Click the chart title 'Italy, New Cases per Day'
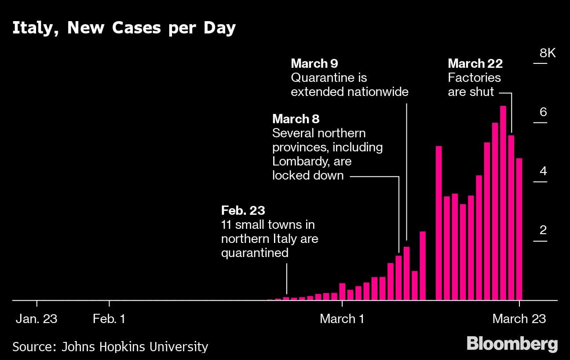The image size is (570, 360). pyautogui.click(x=124, y=28)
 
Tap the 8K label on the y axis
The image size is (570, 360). pyautogui.click(x=548, y=53)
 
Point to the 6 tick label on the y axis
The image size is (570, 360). pyautogui.click(x=544, y=112)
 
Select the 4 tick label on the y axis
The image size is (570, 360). pyautogui.click(x=544, y=171)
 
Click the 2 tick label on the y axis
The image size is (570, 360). pyautogui.click(x=544, y=230)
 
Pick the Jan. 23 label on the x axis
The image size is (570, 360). pyautogui.click(x=37, y=319)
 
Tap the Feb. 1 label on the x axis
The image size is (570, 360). pyautogui.click(x=109, y=319)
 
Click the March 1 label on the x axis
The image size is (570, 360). pyautogui.click(x=342, y=319)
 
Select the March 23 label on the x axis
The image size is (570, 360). pyautogui.click(x=519, y=319)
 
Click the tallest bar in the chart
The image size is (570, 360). pyautogui.click(x=503, y=202)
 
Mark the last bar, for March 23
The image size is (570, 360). pyautogui.click(x=519, y=229)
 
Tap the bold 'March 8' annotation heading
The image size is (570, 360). pyautogui.click(x=296, y=119)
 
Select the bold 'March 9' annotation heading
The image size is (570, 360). pyautogui.click(x=314, y=63)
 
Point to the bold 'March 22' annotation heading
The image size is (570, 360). pyautogui.click(x=475, y=63)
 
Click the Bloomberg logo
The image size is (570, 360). pyautogui.click(x=512, y=344)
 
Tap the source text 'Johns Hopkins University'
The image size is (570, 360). pyautogui.click(x=135, y=347)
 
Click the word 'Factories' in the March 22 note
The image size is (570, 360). pyautogui.click(x=474, y=77)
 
